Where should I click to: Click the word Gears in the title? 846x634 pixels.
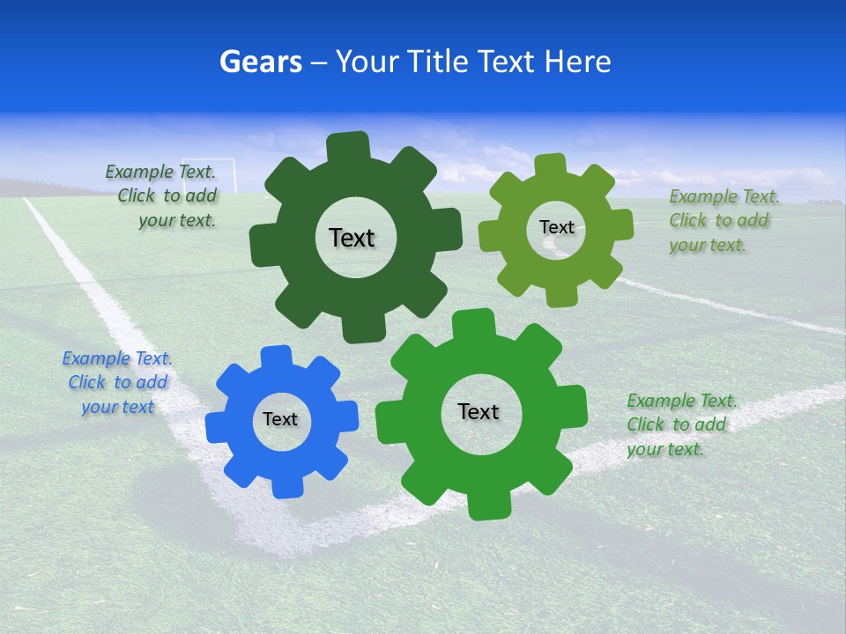261,63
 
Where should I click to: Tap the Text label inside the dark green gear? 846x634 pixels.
352,238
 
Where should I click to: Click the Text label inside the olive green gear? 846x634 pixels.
556,227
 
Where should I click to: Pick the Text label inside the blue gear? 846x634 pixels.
280,419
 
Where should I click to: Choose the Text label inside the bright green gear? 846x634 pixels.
479,411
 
